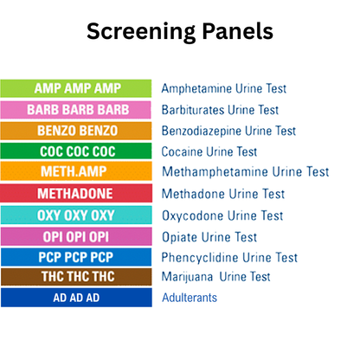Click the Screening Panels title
click(180, 32)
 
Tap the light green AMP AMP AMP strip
click(76, 88)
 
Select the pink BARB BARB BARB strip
click(76, 110)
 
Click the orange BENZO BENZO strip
click(76, 131)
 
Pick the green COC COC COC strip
click(76, 151)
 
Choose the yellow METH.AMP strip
click(76, 172)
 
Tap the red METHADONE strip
click(76, 193)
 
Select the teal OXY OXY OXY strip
click(76, 215)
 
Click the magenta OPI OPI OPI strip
click(76, 235)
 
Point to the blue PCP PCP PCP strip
click(76, 257)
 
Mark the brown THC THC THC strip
click(76, 277)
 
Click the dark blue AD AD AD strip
click(76, 298)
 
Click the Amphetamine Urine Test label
click(223, 88)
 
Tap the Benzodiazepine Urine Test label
click(233, 131)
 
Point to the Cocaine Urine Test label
click(209, 151)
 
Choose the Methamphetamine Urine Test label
click(245, 172)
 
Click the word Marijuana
click(188, 277)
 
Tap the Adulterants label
click(190, 298)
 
